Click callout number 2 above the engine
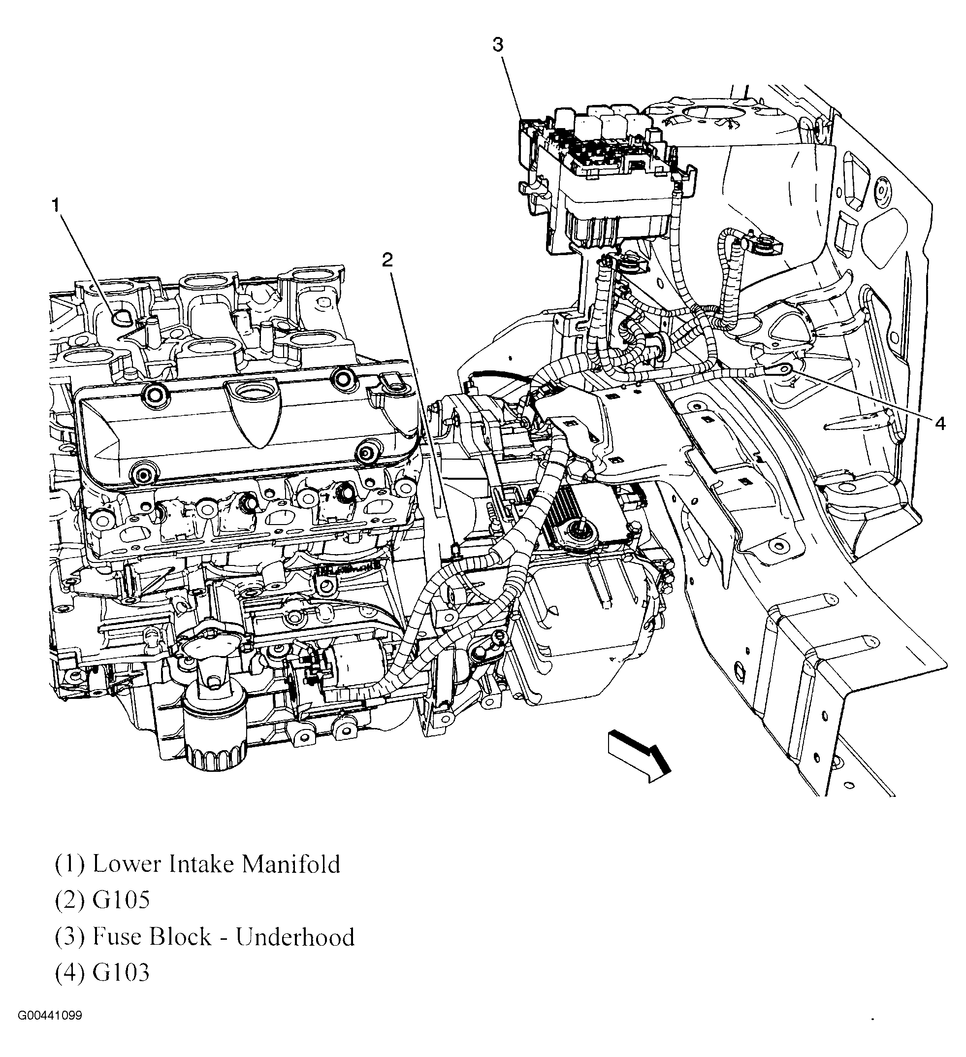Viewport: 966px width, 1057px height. [387, 260]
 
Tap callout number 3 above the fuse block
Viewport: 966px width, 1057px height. [497, 46]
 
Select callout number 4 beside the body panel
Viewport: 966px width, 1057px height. [940, 424]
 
